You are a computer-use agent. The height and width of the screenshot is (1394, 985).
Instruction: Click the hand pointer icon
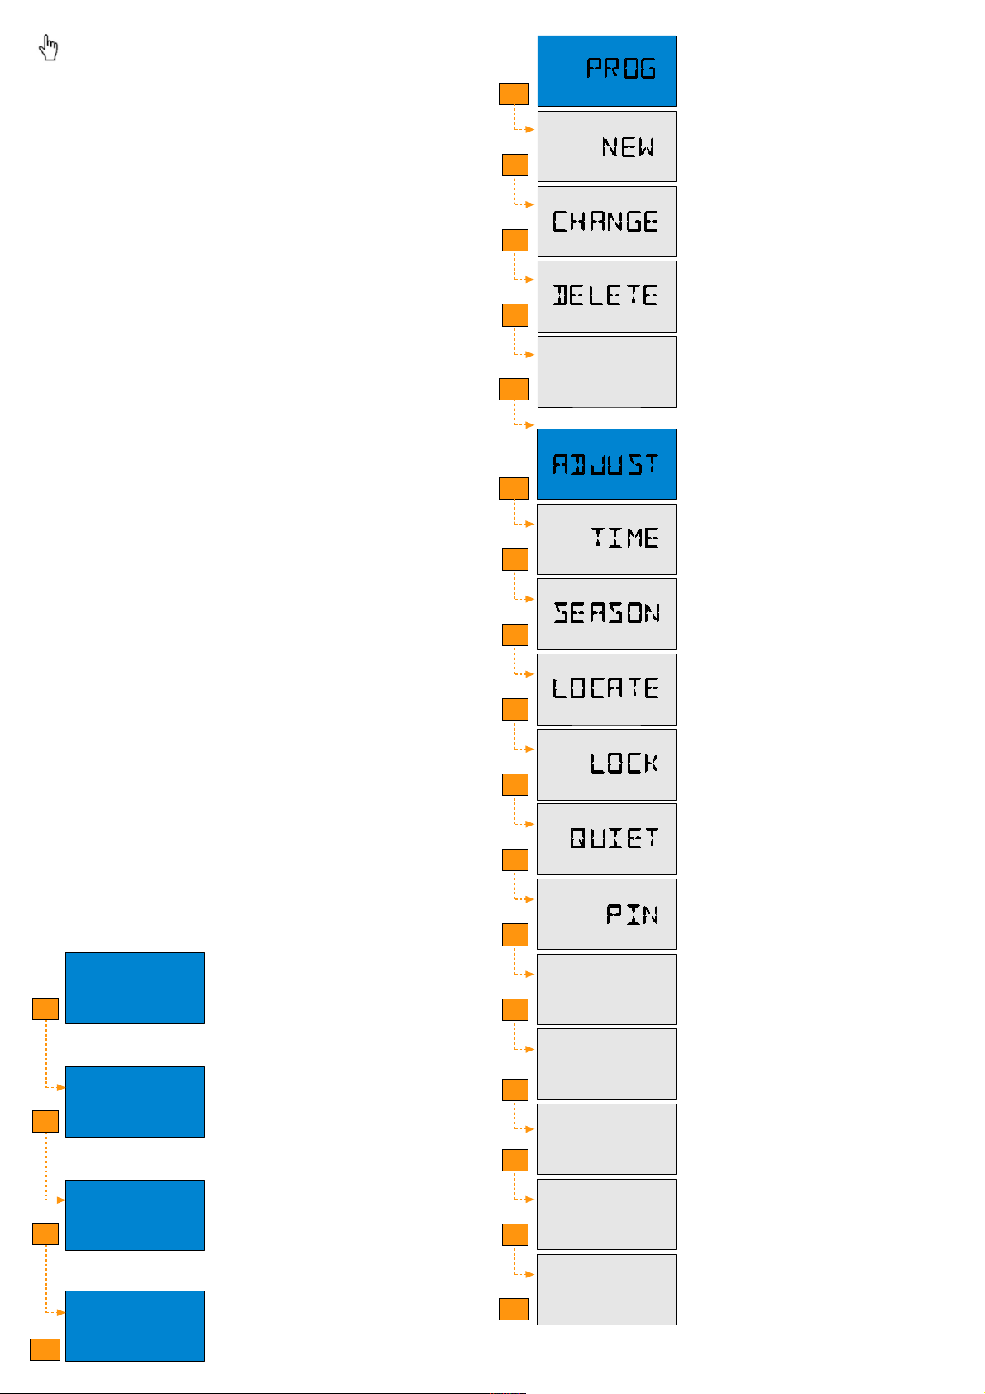(x=49, y=48)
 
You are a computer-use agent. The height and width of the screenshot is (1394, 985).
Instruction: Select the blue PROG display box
(x=606, y=70)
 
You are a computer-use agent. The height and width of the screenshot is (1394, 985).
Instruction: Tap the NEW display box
(x=606, y=146)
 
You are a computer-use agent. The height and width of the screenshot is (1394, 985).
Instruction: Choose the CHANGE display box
(x=606, y=222)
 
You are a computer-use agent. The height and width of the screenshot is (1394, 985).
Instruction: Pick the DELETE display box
(x=606, y=296)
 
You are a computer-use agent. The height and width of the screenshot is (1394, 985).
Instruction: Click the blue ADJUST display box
(x=606, y=464)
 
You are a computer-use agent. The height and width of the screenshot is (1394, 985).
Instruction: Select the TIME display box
(x=606, y=539)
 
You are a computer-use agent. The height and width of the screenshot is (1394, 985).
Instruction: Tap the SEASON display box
(x=606, y=614)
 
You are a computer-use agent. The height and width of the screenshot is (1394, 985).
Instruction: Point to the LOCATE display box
(x=606, y=689)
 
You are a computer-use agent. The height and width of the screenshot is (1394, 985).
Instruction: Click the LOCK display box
(x=606, y=764)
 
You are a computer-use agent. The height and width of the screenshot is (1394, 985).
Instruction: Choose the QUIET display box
(x=606, y=839)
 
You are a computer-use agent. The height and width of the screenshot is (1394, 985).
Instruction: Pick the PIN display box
(x=606, y=914)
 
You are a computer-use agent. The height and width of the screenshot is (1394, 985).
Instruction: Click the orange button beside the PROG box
(x=514, y=93)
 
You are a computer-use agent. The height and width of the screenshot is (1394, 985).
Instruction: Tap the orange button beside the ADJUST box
(x=514, y=488)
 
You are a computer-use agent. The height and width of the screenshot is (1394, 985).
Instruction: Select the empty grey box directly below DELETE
(x=606, y=371)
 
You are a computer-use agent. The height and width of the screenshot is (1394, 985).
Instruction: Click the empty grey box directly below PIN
(x=606, y=989)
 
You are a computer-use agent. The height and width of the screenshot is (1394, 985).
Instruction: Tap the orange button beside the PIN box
(x=514, y=935)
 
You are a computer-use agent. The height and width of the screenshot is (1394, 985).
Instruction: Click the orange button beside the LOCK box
(x=514, y=784)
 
